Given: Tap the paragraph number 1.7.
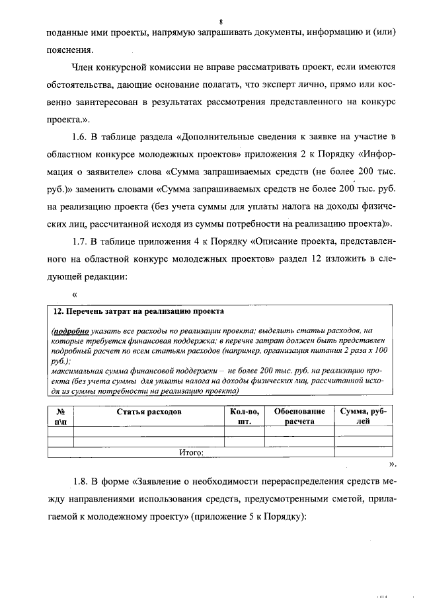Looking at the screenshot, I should pyautogui.click(x=81, y=240).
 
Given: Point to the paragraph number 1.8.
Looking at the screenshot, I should pyautogui.click(x=81, y=480).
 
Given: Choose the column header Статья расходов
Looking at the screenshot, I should pyautogui.click(x=148, y=412).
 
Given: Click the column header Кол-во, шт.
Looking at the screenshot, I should pyautogui.click(x=245, y=416).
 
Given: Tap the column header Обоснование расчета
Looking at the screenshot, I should pyautogui.click(x=299, y=416).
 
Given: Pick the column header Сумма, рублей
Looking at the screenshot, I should pyautogui.click(x=363, y=416).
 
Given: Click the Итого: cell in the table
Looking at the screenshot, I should pyautogui.click(x=191, y=453).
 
